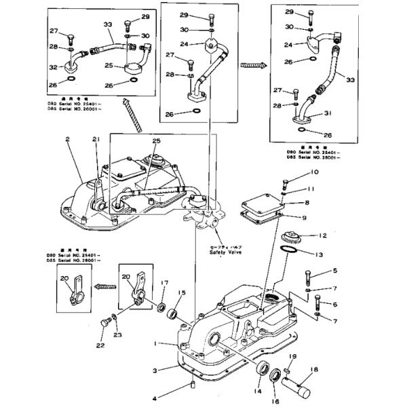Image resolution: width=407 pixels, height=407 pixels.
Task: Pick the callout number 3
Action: tap(155, 370)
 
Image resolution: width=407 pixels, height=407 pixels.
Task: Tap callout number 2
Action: tap(68, 139)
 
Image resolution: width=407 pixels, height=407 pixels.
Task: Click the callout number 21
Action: tap(96, 139)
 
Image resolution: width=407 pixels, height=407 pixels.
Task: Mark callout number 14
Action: tap(257, 392)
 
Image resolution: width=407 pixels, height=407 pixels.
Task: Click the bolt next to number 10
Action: tap(285, 181)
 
